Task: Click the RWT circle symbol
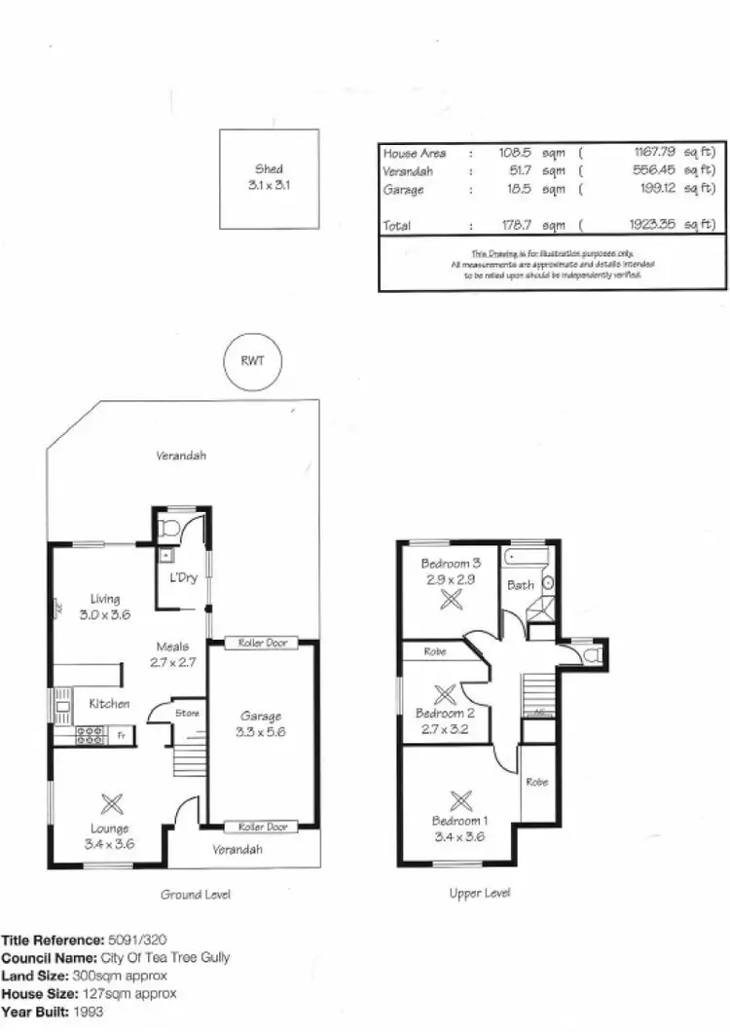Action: tap(252, 360)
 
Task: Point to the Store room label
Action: tap(187, 713)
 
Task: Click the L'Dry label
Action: tap(184, 577)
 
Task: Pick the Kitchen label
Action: tap(109, 703)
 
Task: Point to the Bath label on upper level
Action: tap(520, 585)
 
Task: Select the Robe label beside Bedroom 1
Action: tap(537, 782)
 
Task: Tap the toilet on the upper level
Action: tap(588, 654)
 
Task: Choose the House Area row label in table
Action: tap(415, 154)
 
